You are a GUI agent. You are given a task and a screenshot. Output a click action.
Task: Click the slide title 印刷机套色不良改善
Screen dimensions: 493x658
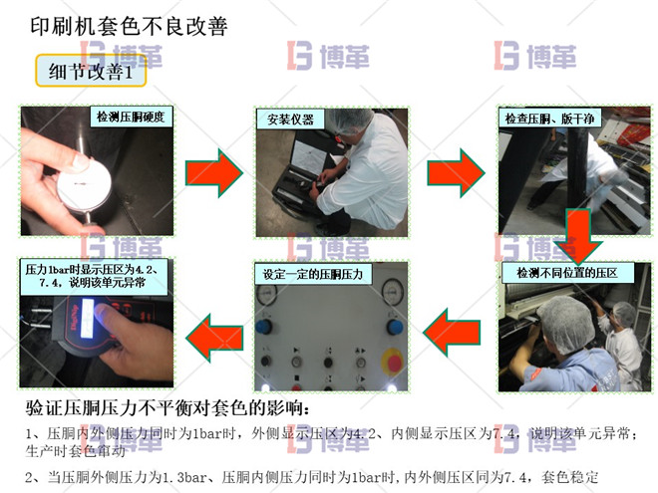click(x=129, y=26)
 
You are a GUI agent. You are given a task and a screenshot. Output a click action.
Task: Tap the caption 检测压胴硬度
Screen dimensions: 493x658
click(x=130, y=118)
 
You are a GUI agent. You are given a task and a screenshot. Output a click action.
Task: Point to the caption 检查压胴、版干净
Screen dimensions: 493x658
click(x=549, y=119)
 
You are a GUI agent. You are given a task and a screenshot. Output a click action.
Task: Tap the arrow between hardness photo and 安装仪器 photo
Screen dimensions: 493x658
click(x=215, y=171)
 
